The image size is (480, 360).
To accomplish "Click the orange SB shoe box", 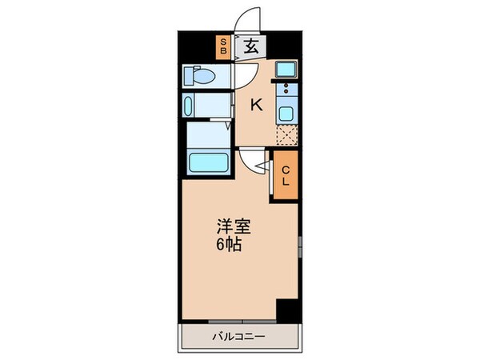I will pos(223,47).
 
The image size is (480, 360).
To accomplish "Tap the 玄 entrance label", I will pos(250,47).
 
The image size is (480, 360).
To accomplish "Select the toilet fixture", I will pos(200,76).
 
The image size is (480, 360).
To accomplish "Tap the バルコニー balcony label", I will pos(238,336).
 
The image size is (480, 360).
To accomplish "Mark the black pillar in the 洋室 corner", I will pos(286,310).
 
